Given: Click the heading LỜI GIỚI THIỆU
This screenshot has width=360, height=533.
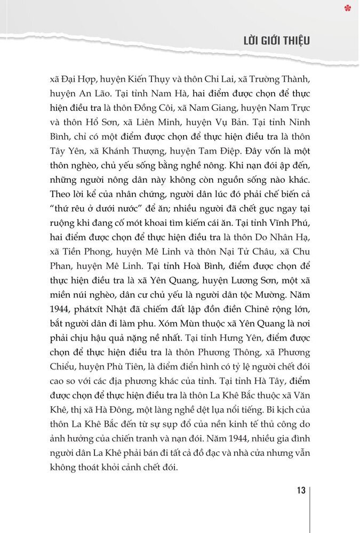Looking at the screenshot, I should point(277,41).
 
